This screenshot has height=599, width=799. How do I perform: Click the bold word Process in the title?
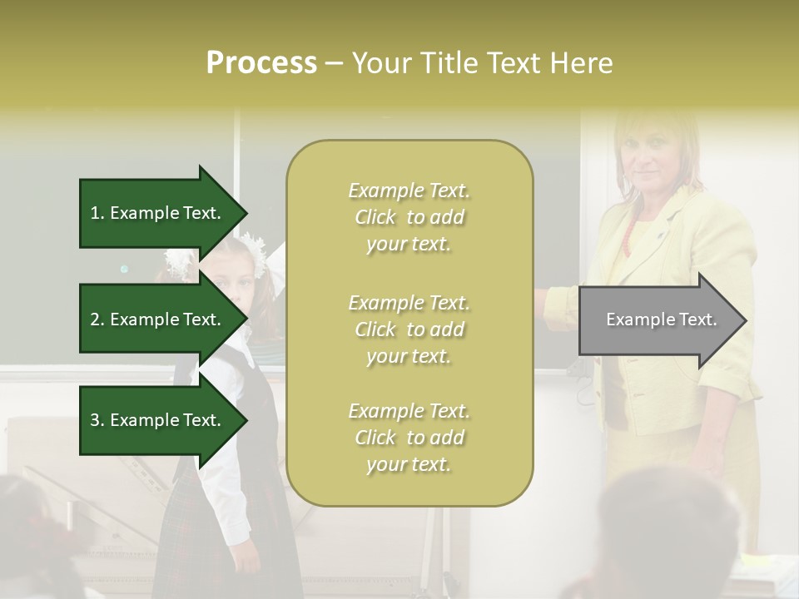[x=261, y=63]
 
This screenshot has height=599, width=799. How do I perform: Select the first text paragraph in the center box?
[x=409, y=217]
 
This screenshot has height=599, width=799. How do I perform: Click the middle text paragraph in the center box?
[x=409, y=329]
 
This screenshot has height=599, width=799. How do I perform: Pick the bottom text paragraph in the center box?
[x=409, y=438]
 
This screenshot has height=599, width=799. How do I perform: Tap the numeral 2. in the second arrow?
[x=97, y=319]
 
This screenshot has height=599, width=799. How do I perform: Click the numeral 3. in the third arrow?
[x=97, y=420]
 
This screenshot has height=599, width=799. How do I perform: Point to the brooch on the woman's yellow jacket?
[x=662, y=235]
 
